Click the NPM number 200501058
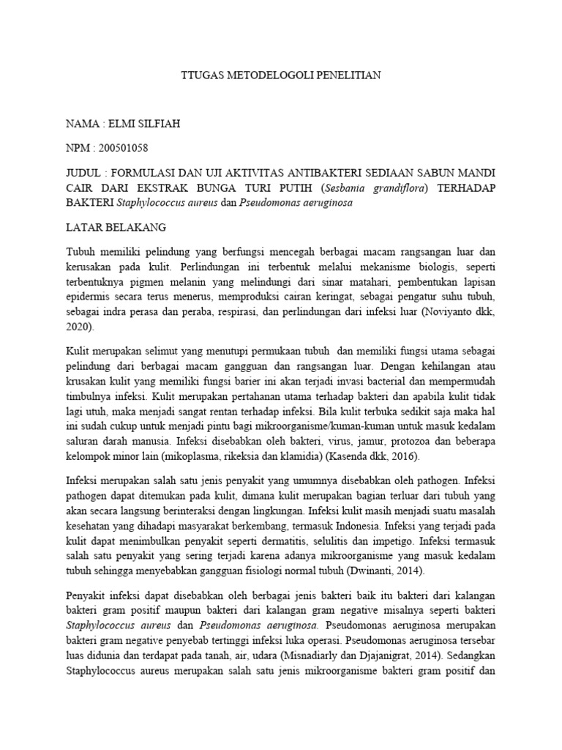coord(120,148)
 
